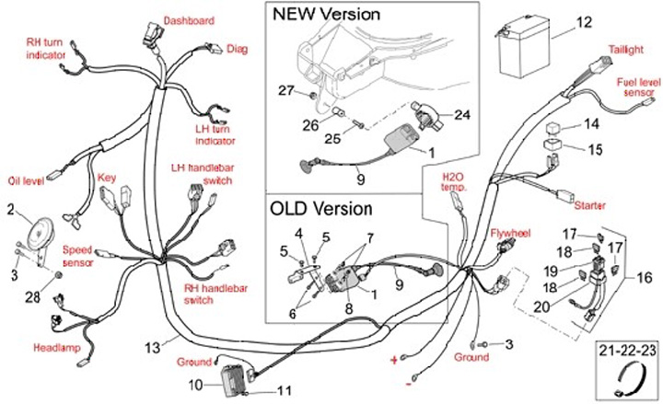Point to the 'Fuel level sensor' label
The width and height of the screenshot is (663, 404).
coord(635,87)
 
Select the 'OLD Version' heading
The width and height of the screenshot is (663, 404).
coord(321,208)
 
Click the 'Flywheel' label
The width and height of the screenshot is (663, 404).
coord(511,235)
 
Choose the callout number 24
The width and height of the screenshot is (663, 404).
coord(461,115)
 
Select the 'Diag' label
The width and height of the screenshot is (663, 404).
coord(237,47)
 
